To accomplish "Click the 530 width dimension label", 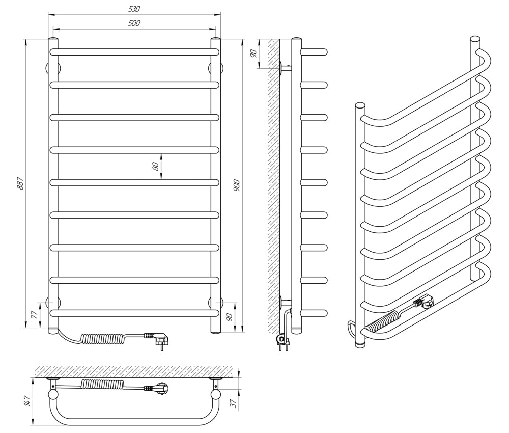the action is pos(134,9).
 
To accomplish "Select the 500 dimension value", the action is pos(134,23).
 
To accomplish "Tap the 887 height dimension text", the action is pos(20,183).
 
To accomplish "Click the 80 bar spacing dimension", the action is pos(156,166).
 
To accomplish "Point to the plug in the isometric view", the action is pos(422,301).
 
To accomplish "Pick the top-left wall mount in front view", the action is pos(52,68).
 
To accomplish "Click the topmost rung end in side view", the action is pos(314,52).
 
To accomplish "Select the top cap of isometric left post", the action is pos(360,106).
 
